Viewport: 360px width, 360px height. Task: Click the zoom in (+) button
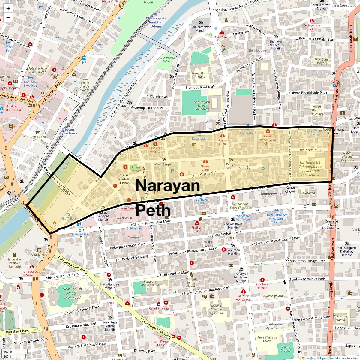point(8,9)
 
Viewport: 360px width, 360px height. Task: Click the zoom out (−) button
point(8,18)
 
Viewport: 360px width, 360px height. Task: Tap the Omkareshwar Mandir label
point(201,29)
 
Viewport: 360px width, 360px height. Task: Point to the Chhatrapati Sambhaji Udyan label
point(156,22)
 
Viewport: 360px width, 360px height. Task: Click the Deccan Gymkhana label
point(68,131)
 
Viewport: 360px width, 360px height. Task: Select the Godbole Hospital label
point(262,286)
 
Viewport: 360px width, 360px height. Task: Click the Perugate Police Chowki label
point(191,283)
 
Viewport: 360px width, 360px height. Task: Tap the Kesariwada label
point(200,139)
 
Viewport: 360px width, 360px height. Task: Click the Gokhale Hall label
point(201,201)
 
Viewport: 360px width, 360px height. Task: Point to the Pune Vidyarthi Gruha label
point(267,339)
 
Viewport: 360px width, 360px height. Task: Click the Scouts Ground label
point(286,349)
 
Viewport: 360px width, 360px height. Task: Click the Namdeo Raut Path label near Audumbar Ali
point(201,87)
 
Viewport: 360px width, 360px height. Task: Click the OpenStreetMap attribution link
point(330,358)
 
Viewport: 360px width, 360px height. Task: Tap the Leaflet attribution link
point(310,358)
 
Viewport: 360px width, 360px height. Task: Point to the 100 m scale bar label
point(8,352)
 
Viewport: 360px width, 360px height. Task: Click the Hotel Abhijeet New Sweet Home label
point(277,219)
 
